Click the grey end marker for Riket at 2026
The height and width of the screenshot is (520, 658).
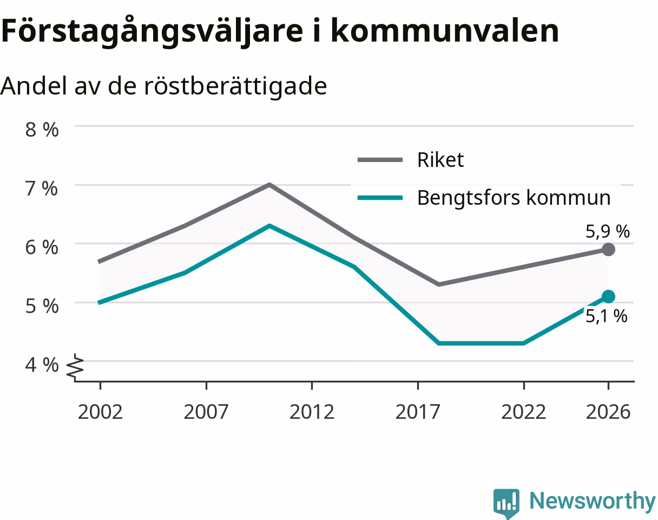click(x=608, y=250)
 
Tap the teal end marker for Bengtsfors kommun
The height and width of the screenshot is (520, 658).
click(x=608, y=297)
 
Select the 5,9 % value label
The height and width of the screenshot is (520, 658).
click(x=607, y=231)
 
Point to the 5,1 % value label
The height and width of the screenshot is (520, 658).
click(x=607, y=316)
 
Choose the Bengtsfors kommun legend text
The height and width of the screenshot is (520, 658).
click(x=514, y=198)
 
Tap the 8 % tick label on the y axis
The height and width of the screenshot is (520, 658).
click(x=42, y=129)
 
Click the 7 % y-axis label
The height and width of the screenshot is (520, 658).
click(x=41, y=188)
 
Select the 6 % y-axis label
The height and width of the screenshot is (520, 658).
click(x=42, y=247)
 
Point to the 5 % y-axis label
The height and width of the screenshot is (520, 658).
click(x=42, y=305)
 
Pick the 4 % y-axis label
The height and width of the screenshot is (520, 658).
click(x=42, y=365)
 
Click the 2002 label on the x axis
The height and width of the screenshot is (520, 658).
click(x=100, y=412)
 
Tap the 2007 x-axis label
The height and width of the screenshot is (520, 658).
click(x=206, y=412)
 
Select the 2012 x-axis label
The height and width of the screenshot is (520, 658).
click(x=312, y=412)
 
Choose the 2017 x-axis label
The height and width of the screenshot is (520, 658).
click(x=418, y=412)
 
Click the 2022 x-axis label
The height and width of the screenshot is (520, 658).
click(x=523, y=412)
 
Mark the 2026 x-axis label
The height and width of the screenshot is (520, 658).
click(x=608, y=412)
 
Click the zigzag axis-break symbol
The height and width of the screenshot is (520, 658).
click(x=75, y=368)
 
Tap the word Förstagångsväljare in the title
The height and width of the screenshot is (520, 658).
click(x=152, y=31)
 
